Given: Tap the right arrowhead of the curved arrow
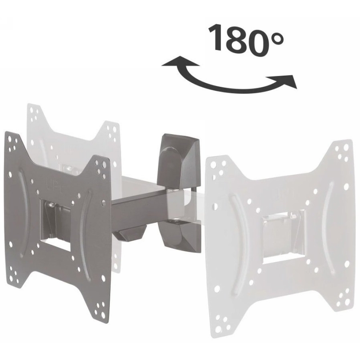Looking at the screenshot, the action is pyautogui.click(x=287, y=81).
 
